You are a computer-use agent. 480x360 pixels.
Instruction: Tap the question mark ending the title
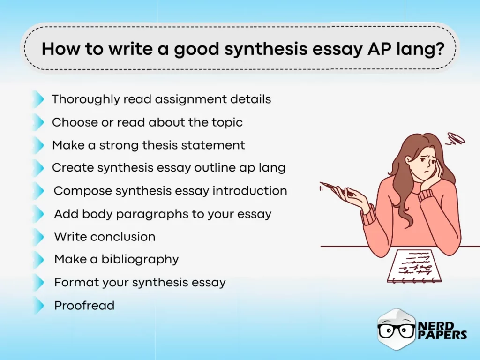(440, 49)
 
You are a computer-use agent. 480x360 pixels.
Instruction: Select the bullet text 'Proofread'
(84, 306)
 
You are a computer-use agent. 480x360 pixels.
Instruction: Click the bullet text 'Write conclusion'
(105, 237)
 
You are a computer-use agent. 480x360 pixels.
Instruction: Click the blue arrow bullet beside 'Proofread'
(38, 306)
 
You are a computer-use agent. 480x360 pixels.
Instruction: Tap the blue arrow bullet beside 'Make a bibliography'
(38, 259)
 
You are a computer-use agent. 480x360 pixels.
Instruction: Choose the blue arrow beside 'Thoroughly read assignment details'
(37, 99)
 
